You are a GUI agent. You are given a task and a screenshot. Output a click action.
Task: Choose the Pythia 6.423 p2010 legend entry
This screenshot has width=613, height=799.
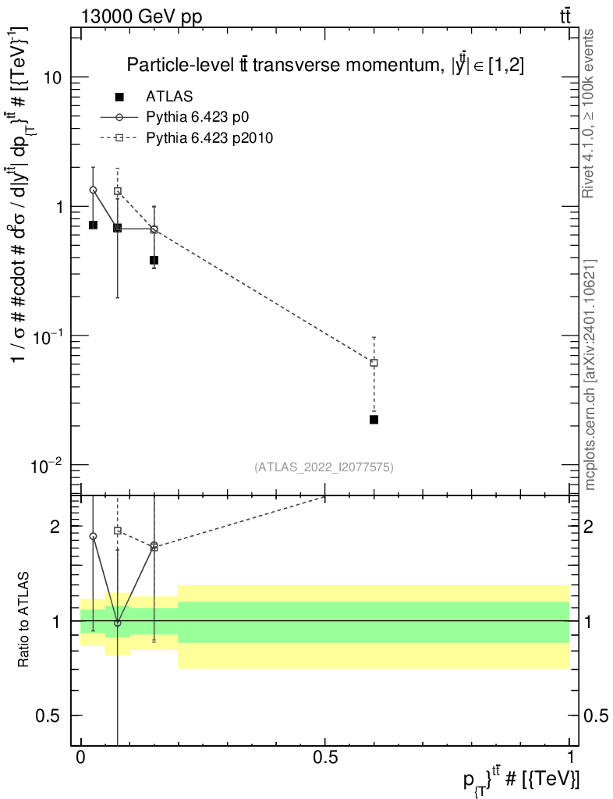click(x=208, y=137)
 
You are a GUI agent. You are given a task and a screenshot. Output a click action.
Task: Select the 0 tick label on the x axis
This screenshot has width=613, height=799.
click(x=81, y=758)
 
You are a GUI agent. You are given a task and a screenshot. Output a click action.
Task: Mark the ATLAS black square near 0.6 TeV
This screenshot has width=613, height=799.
click(x=374, y=420)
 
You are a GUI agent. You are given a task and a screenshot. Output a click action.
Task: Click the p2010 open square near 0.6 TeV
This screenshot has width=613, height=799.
click(x=374, y=363)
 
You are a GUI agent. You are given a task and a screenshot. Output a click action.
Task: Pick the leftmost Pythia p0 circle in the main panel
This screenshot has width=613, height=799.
click(x=93, y=190)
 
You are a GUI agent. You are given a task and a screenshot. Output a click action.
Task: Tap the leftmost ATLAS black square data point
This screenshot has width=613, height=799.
click(x=93, y=225)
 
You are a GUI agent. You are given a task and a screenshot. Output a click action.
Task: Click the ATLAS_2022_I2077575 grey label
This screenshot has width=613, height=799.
click(x=324, y=467)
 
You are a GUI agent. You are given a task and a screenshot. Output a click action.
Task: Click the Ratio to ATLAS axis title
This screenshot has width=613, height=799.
click(x=25, y=618)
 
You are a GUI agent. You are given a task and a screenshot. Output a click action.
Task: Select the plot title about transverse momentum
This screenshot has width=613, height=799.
click(x=325, y=65)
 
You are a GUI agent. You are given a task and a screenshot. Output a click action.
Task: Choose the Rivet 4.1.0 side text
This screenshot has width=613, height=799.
click(x=590, y=113)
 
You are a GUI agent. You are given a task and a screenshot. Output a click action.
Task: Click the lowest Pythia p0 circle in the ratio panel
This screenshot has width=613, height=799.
click(x=118, y=623)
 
